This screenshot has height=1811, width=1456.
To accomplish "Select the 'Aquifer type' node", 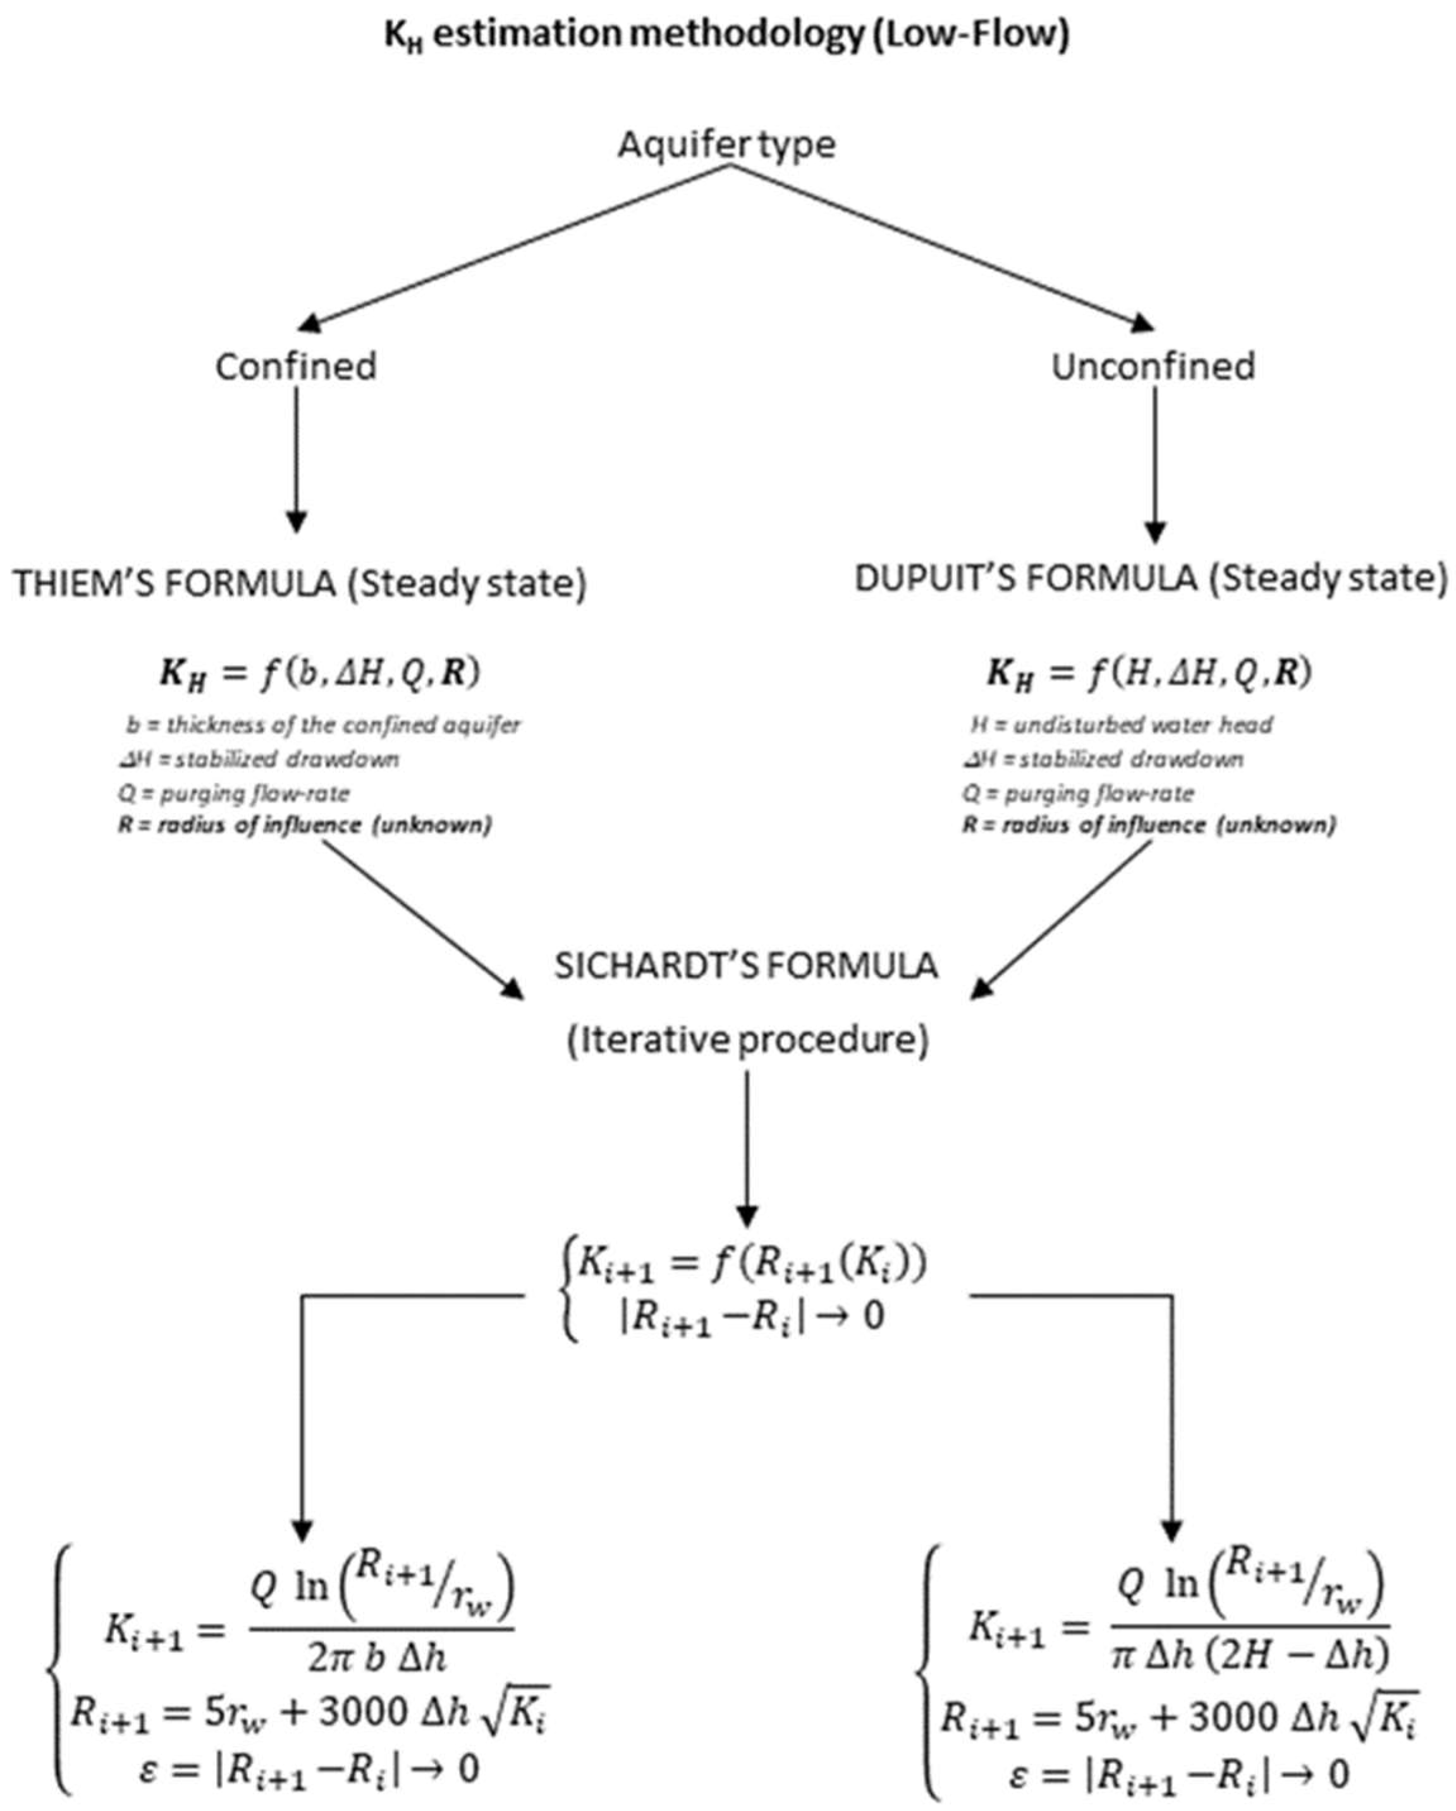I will coord(727,145).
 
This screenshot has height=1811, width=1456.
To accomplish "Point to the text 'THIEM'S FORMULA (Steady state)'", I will coord(300,583).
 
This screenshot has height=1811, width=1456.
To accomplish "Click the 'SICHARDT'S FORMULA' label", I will coord(746,966).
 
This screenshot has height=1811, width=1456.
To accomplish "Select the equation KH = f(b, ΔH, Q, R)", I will coord(320,674).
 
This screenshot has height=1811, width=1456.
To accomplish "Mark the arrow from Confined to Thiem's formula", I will coord(296,462).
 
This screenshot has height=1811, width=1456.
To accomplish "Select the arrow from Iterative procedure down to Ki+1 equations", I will coord(747,1151).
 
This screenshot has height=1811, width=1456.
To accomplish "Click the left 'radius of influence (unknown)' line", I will coord(305,825).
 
